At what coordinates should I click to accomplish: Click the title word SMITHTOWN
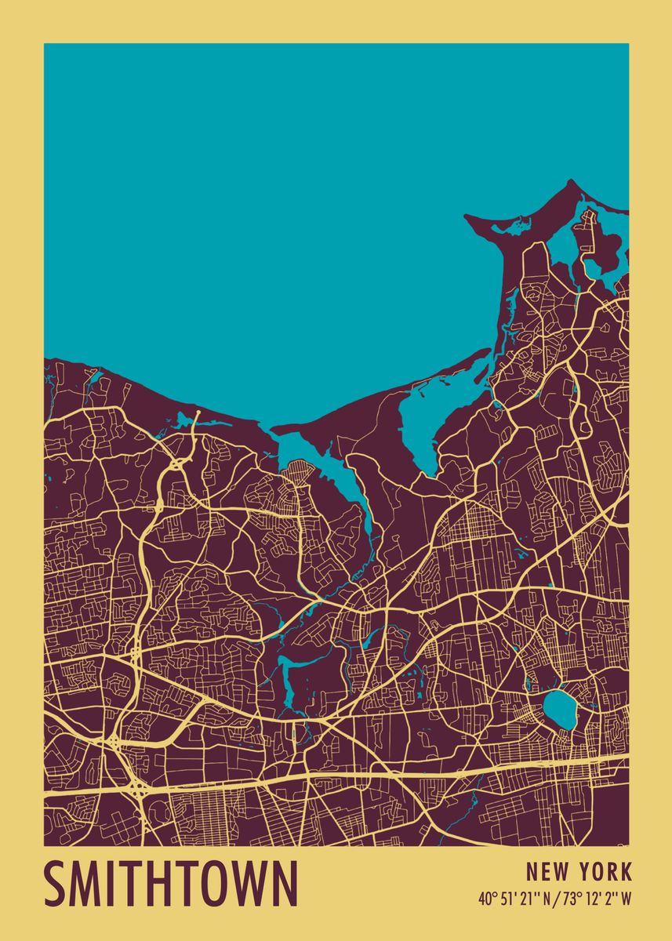[x=171, y=885]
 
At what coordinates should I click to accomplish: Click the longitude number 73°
[x=571, y=899]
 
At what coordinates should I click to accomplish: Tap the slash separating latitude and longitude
[x=558, y=899]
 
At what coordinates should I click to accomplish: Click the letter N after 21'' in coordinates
[x=547, y=899]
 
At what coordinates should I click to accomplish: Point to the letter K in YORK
[x=626, y=871]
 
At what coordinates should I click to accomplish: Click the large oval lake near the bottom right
[x=558, y=708]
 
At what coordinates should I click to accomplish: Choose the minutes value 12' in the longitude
[x=592, y=899]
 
